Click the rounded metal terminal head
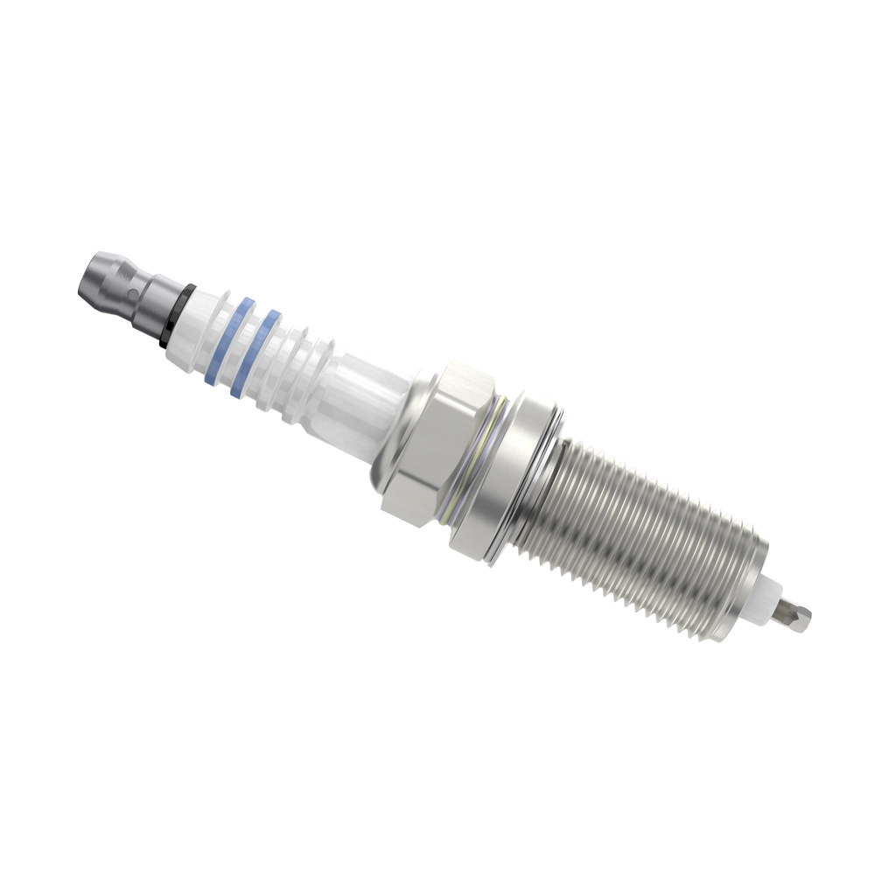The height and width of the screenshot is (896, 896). (99, 277)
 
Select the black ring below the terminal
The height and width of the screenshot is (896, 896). (175, 316)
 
